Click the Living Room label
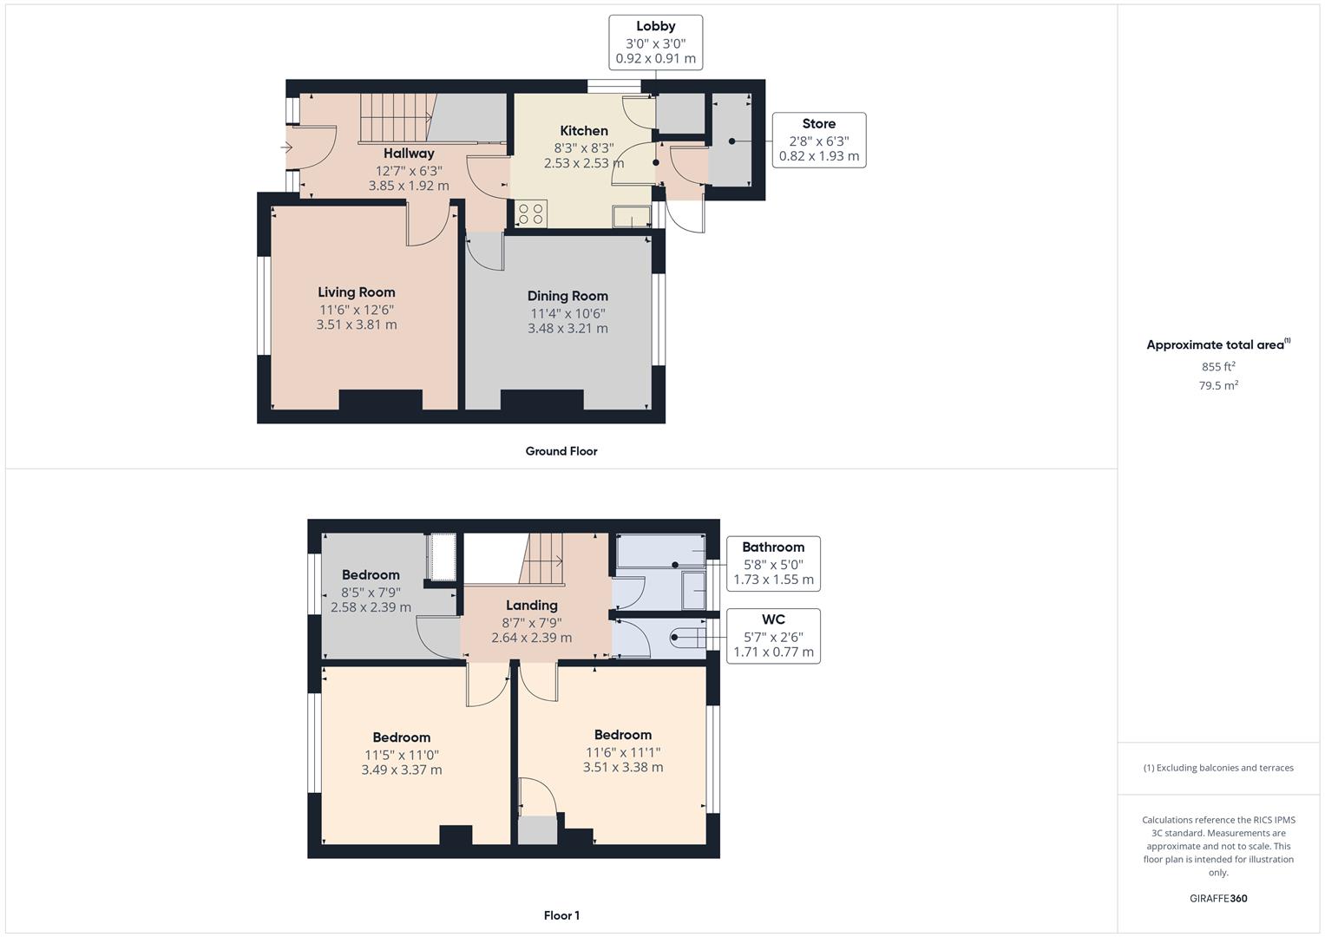click(x=356, y=293)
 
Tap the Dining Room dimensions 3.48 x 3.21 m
click(x=567, y=329)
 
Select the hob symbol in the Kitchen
click(x=530, y=213)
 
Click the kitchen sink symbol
click(x=631, y=216)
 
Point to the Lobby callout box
click(x=655, y=43)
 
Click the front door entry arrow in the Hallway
click(x=287, y=148)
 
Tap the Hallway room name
click(x=409, y=154)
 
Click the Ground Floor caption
click(x=561, y=451)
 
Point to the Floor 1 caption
click(x=561, y=915)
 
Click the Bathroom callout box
click(x=773, y=563)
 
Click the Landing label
click(x=531, y=606)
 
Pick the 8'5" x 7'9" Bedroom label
click(x=371, y=575)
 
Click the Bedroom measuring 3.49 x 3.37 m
click(x=402, y=738)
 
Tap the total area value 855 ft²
click(x=1218, y=367)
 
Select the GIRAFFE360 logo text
click(x=1217, y=899)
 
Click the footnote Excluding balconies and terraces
click(x=1218, y=768)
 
